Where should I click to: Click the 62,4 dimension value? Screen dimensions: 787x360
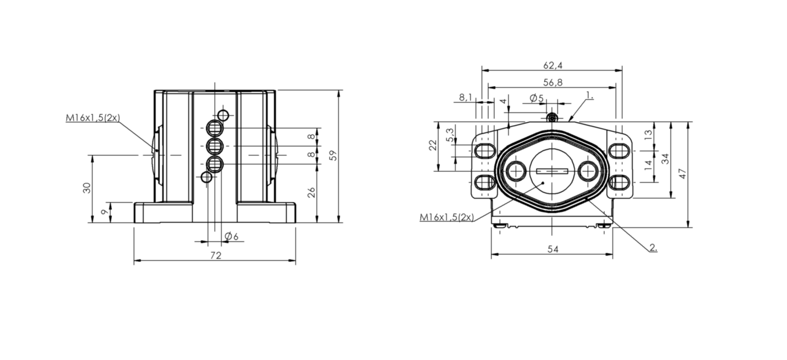point(553,66)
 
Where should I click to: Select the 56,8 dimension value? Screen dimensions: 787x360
point(553,83)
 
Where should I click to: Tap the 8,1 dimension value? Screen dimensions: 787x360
point(466,97)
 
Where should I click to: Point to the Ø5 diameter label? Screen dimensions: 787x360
point(537,98)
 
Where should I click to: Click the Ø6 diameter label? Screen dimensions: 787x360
point(232,237)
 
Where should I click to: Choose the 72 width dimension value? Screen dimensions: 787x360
point(216,255)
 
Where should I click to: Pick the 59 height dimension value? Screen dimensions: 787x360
point(332,155)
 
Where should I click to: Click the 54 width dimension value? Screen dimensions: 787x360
point(553,249)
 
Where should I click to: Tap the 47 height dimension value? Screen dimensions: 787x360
point(682,173)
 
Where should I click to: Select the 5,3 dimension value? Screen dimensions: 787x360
point(450,135)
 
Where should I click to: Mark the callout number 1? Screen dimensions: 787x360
point(590,95)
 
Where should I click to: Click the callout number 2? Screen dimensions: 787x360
point(653,248)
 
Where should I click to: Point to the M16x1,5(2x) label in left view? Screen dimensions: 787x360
point(93,118)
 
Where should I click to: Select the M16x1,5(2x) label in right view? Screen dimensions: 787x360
point(447,217)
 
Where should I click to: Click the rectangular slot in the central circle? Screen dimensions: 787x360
point(552,171)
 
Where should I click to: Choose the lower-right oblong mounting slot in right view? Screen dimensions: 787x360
point(619,182)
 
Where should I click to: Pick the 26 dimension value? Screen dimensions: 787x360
point(311,193)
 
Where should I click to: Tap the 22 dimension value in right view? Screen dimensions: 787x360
point(433,145)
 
